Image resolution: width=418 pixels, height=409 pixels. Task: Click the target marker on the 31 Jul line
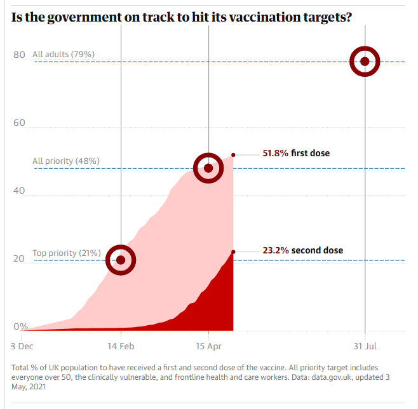(x=365, y=62)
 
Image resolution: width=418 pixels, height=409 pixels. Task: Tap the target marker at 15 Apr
(x=208, y=168)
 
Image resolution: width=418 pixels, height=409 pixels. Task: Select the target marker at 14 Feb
(x=121, y=260)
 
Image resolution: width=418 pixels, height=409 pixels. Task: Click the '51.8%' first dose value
(x=276, y=153)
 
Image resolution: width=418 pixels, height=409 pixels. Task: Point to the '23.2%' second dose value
(x=276, y=250)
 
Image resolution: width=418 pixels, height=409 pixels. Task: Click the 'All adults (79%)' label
(x=64, y=55)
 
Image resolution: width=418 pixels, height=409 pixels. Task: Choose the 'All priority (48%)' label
(x=66, y=161)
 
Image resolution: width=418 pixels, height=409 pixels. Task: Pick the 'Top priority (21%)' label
(x=67, y=253)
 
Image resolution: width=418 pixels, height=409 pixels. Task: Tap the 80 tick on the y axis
(x=19, y=55)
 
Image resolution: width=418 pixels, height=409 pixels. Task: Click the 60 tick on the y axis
(x=19, y=123)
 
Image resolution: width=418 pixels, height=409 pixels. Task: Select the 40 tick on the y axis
(x=19, y=191)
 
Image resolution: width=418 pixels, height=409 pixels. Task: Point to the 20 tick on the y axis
(x=19, y=258)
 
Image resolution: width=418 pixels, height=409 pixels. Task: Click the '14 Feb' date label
(x=121, y=346)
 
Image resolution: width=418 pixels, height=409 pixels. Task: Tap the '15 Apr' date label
(x=208, y=346)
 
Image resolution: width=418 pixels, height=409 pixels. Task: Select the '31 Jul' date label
(x=365, y=346)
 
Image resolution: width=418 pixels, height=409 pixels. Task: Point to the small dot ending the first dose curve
(x=233, y=154)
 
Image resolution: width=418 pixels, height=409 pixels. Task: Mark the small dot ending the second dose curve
(x=233, y=252)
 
